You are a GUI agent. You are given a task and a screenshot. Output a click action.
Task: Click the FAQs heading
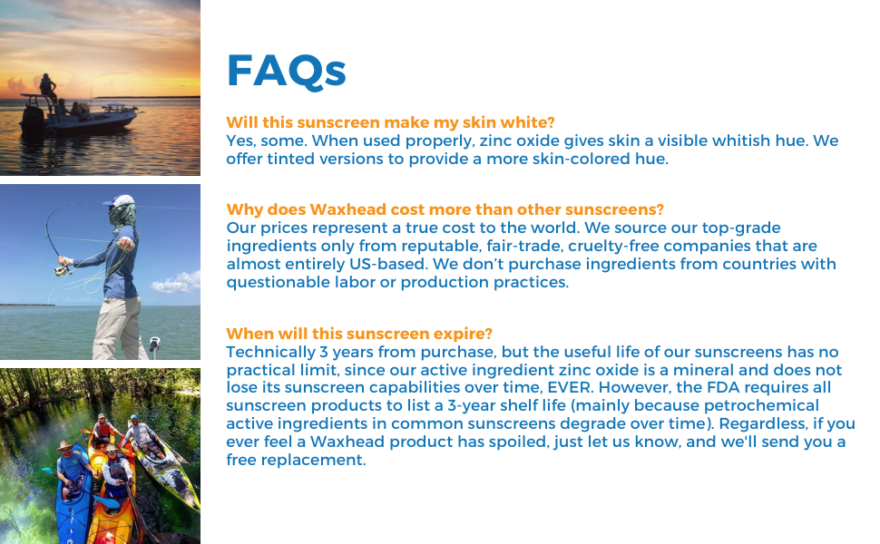tap(286, 71)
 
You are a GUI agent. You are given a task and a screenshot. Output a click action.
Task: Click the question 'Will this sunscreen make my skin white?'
tap(390, 122)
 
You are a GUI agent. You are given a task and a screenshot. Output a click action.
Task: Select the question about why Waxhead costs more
tap(445, 209)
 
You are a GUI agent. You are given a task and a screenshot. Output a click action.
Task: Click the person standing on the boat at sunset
tap(47, 92)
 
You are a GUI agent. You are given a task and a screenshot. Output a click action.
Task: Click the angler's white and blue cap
tap(120, 201)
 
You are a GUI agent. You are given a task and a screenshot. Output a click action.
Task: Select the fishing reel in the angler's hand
tap(63, 267)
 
